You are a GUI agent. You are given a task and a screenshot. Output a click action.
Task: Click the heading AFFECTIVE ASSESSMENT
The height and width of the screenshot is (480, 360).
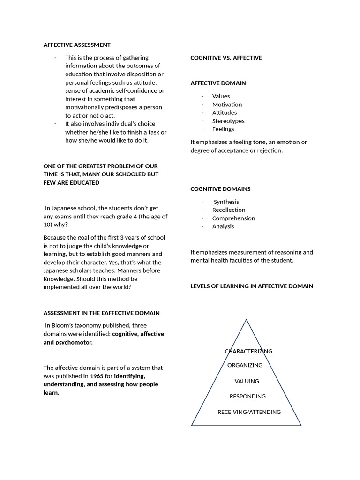tap(77, 45)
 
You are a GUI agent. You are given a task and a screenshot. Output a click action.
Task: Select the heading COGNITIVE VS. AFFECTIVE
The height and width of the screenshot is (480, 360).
tap(226, 58)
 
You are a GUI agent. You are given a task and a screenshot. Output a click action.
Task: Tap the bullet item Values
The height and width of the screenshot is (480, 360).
tap(221, 96)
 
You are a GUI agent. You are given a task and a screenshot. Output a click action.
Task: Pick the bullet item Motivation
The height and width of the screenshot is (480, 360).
tap(227, 105)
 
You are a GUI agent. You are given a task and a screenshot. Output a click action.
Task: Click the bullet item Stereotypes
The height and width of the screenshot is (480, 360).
tap(228, 121)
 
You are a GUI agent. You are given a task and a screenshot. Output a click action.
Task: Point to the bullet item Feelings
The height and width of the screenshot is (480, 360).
tap(223, 129)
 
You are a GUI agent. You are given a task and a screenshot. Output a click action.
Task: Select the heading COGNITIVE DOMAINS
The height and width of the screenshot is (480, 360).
tap(220, 189)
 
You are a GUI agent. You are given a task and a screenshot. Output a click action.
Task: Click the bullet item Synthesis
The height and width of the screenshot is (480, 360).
tap(226, 202)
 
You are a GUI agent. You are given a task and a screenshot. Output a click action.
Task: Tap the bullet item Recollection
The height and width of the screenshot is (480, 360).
tap(229, 210)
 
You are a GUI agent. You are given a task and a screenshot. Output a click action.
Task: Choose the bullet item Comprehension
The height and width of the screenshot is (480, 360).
tap(233, 218)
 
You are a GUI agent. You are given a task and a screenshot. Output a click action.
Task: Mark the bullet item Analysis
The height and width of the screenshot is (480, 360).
tap(223, 226)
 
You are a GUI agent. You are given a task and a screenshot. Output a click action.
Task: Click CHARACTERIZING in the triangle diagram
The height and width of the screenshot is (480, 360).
tap(248, 351)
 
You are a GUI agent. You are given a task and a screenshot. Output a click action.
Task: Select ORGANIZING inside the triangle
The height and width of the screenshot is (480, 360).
tap(245, 365)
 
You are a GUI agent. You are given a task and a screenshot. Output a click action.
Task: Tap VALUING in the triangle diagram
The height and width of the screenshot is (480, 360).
tap(247, 381)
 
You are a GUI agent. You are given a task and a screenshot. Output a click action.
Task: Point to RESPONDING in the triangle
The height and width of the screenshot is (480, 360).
tap(247, 396)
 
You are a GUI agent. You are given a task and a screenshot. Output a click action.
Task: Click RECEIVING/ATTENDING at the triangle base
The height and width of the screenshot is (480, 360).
tap(249, 412)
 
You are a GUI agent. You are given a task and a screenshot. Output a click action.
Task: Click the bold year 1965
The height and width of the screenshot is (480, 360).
tap(97, 376)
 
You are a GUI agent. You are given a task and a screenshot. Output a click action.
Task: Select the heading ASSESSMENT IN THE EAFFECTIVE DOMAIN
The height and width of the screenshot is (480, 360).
tap(102, 313)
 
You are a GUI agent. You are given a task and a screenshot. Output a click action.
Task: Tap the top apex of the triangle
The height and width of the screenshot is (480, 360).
tap(246, 320)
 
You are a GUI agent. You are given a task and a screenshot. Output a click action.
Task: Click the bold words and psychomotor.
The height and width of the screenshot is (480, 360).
tap(68, 342)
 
